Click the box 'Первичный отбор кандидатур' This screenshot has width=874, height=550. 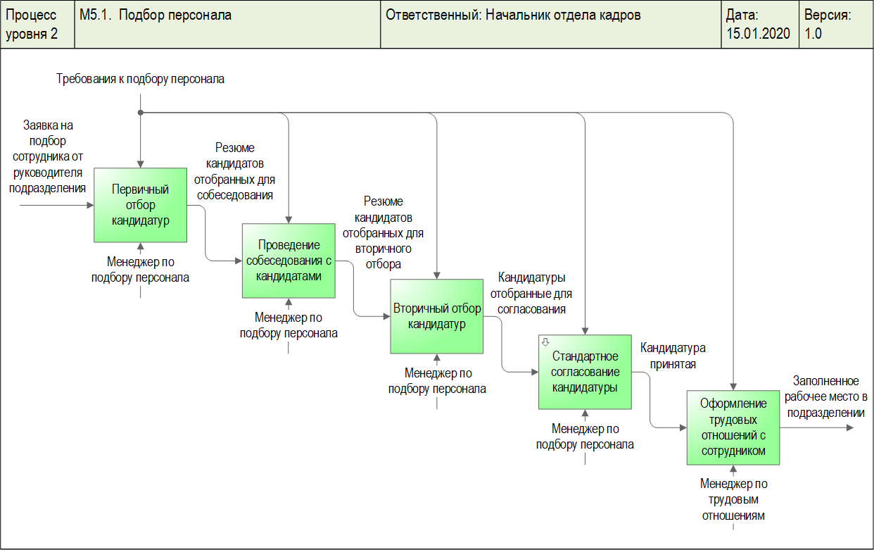141,205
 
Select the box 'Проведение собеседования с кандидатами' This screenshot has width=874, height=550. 289,261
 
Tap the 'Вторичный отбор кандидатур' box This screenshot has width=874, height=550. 437,316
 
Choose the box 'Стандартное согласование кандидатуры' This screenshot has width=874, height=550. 585,372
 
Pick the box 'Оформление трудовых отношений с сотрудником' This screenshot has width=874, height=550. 733,427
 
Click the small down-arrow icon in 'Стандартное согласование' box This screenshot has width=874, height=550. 545,342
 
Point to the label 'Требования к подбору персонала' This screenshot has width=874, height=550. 141,79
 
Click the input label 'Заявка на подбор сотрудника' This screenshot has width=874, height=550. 49,156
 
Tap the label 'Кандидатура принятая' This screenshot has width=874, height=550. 672,356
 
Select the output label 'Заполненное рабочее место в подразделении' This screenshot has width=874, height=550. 826,396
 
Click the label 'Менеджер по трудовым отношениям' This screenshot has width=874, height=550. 733,499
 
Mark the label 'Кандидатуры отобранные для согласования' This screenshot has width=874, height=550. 531,292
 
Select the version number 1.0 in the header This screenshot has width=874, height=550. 813,33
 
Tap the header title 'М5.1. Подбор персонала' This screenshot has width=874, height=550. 156,15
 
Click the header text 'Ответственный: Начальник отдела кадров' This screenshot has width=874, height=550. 513,15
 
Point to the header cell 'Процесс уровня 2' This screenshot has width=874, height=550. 32,24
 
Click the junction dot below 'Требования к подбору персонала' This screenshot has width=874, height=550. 141,113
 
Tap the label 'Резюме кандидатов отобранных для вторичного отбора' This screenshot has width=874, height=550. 384,232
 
